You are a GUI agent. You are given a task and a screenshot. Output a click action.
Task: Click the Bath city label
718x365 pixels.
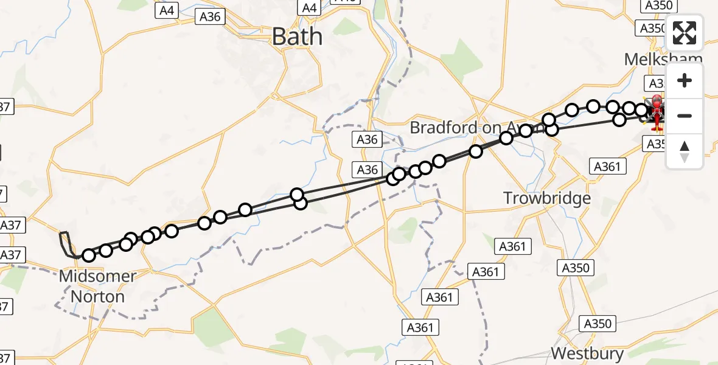coord(297,36)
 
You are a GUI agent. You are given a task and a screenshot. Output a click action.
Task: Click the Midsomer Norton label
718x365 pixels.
coord(97,287)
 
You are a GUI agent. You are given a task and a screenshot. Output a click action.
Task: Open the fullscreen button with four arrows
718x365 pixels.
coord(685,33)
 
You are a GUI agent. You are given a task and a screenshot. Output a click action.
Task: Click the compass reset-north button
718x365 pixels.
coord(685,151)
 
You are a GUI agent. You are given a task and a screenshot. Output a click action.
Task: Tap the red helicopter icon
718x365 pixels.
coord(657,113)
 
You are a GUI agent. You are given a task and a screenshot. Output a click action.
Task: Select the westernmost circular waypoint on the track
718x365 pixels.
coord(89,255)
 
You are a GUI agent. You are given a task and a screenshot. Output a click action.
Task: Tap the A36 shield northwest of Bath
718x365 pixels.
coord(210,17)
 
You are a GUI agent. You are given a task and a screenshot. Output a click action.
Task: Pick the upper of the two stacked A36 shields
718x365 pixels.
coord(368,140)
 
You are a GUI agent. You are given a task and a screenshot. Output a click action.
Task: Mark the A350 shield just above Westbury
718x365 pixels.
coord(596,324)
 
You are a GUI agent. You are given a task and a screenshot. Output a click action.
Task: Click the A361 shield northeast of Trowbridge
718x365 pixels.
coord(606,166)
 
